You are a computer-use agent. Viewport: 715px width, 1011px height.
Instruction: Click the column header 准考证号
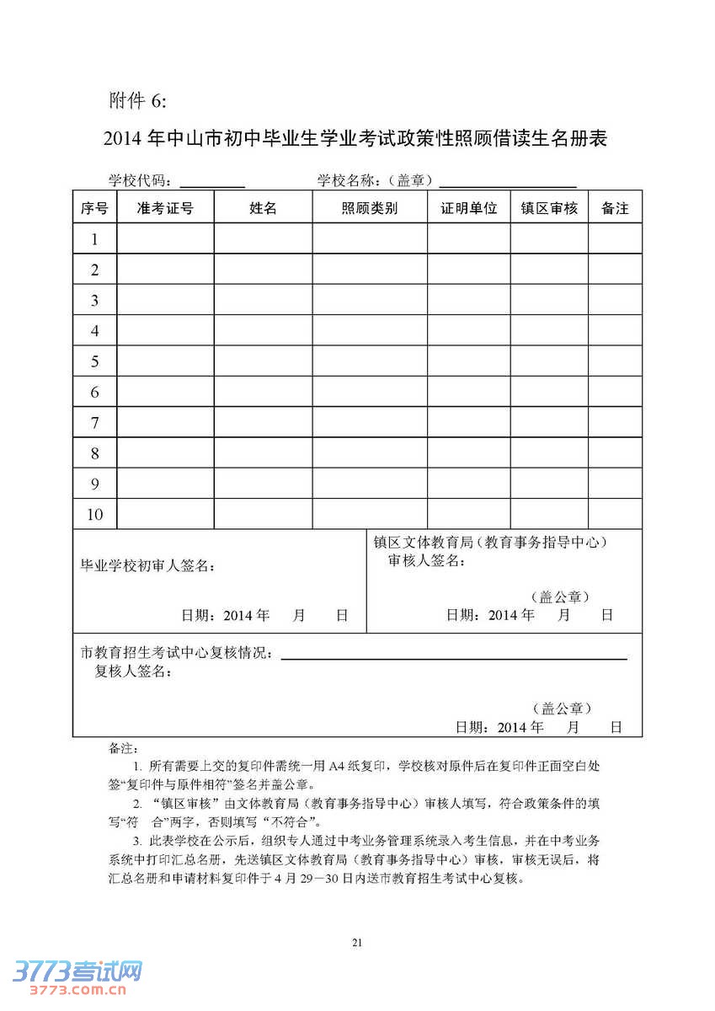[x=165, y=208]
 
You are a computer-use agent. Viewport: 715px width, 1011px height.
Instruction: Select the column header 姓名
[x=263, y=208]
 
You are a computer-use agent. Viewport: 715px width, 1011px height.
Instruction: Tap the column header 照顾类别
[x=370, y=208]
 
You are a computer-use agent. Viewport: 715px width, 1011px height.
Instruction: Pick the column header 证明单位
[x=468, y=208]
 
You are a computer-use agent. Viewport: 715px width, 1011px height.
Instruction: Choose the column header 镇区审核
[x=549, y=208]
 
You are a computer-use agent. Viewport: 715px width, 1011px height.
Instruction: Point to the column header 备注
[x=615, y=208]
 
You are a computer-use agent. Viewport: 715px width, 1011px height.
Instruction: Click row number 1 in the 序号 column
[x=95, y=239]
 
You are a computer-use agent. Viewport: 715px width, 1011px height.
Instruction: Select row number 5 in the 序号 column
[x=95, y=361]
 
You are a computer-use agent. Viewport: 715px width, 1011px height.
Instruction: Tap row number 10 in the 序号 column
[x=95, y=514]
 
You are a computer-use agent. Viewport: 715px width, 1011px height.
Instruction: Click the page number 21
[x=357, y=943]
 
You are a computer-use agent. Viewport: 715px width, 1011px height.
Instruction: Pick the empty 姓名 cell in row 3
[x=263, y=300]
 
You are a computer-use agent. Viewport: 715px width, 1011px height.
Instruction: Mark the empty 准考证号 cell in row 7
[x=165, y=422]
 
